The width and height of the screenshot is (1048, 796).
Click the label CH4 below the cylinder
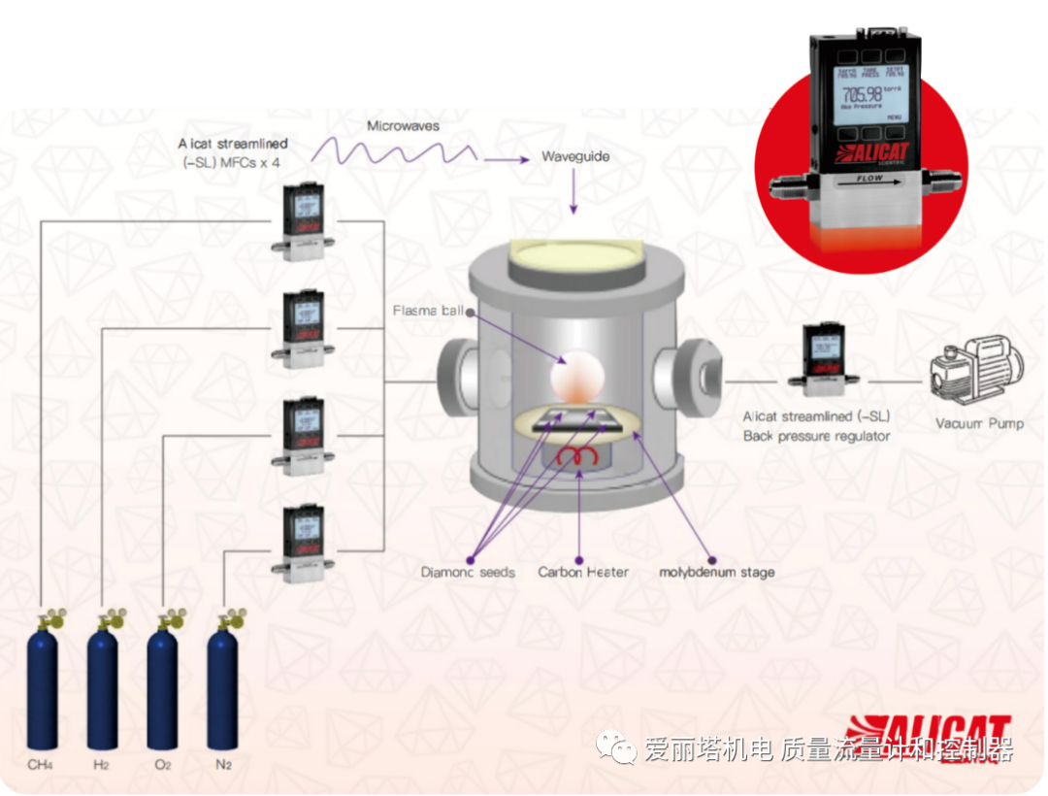pyautogui.click(x=40, y=765)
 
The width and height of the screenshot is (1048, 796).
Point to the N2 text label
pyautogui.click(x=223, y=765)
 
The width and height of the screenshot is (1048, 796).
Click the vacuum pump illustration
pyautogui.click(x=976, y=374)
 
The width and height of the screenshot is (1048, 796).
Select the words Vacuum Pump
pyautogui.click(x=978, y=423)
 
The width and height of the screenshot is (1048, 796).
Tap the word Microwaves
pyautogui.click(x=403, y=126)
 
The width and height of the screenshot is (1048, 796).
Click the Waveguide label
pyautogui.click(x=575, y=156)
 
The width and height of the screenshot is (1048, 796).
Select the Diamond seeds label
pyautogui.click(x=468, y=572)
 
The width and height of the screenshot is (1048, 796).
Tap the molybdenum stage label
pyautogui.click(x=717, y=572)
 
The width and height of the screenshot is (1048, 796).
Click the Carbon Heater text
pyautogui.click(x=583, y=572)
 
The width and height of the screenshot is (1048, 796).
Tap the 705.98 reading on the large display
pyautogui.click(x=863, y=94)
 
